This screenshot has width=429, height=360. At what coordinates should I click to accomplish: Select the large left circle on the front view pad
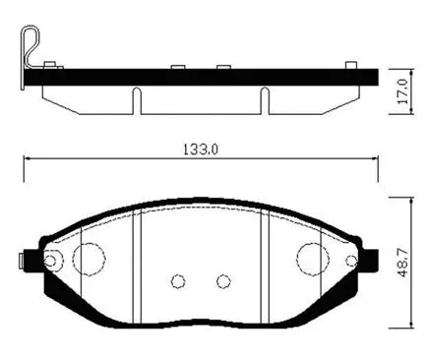coord(90,259)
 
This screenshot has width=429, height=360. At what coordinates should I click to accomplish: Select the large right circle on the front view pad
coord(312,259)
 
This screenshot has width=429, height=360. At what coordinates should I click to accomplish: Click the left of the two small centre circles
coord(178,281)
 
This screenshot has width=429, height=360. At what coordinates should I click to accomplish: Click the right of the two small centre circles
coord(223,281)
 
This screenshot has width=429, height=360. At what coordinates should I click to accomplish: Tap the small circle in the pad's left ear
coord(53,261)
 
